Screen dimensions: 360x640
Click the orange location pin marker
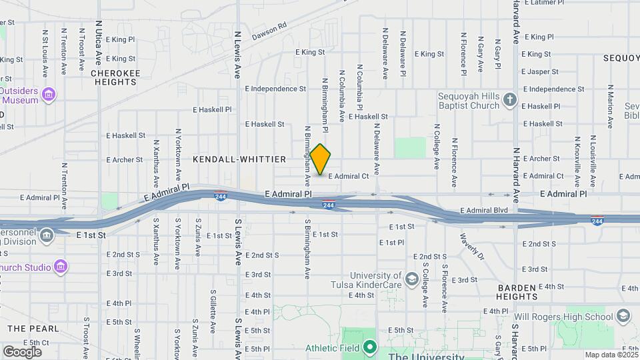point(321,159)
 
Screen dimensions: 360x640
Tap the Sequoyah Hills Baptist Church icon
point(509,100)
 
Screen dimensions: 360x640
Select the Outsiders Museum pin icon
point(48,95)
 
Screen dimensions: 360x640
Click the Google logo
point(22,351)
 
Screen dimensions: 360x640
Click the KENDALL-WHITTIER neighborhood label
point(239,159)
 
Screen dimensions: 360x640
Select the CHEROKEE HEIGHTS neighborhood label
point(114,77)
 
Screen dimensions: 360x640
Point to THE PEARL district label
point(33,329)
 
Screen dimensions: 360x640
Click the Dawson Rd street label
point(269,31)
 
